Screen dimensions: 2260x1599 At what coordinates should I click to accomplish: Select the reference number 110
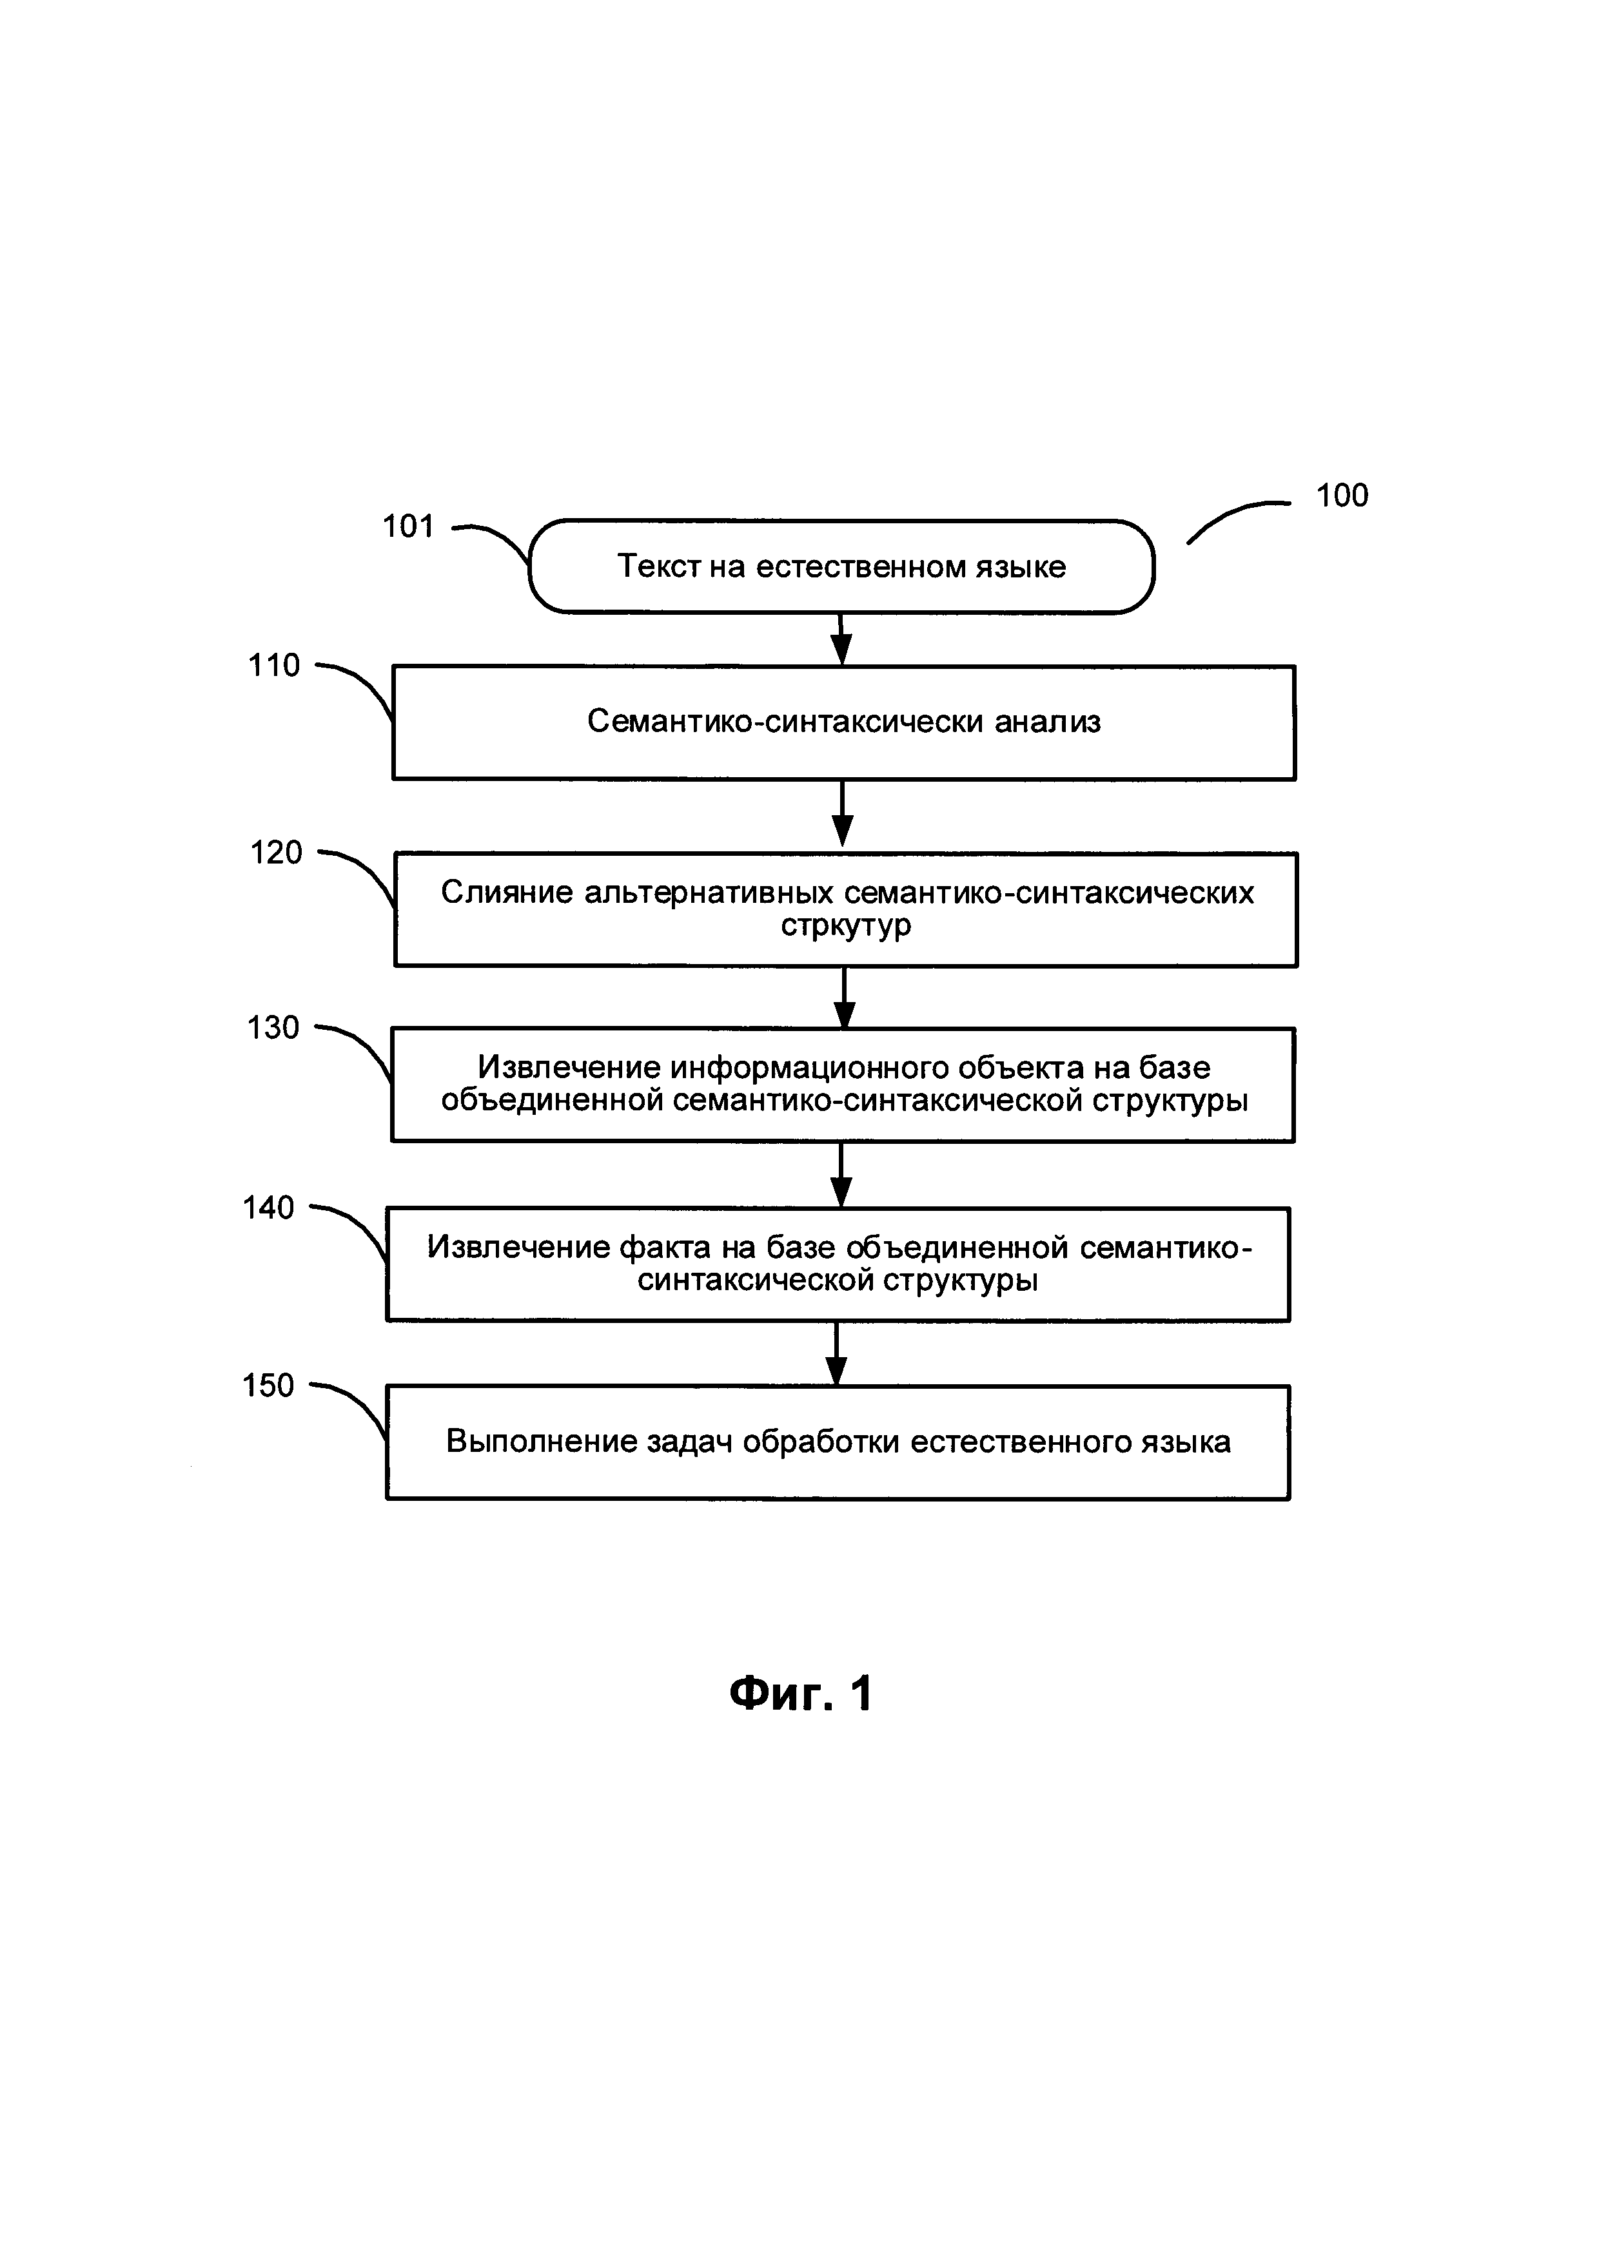click(x=274, y=666)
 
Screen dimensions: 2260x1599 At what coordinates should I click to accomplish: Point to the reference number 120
click(x=276, y=853)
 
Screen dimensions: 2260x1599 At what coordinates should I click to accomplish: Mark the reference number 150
click(x=269, y=1386)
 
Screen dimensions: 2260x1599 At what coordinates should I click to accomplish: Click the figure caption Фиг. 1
click(x=801, y=1694)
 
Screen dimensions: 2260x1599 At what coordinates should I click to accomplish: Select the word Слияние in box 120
click(x=506, y=892)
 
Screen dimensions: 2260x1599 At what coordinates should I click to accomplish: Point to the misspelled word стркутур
click(x=846, y=925)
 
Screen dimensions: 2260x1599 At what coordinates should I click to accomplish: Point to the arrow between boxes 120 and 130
click(x=844, y=996)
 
